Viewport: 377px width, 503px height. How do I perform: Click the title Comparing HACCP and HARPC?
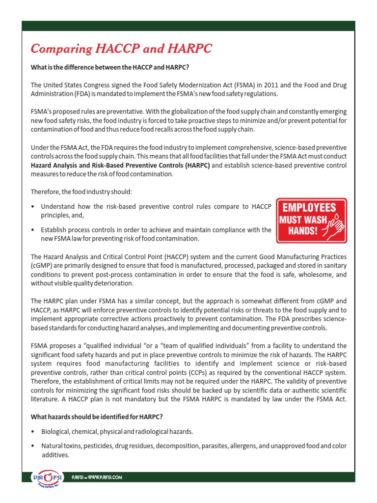coord(122,49)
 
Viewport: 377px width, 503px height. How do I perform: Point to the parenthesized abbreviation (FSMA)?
coord(242,85)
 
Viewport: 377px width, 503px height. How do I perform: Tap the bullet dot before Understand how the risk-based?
coord(32,207)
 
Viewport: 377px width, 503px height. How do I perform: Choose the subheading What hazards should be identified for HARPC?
coord(97,417)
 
